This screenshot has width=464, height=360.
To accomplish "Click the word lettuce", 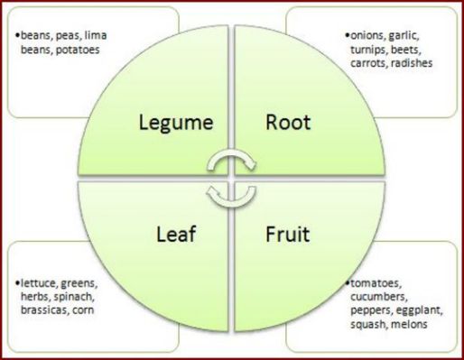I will (39, 282).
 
